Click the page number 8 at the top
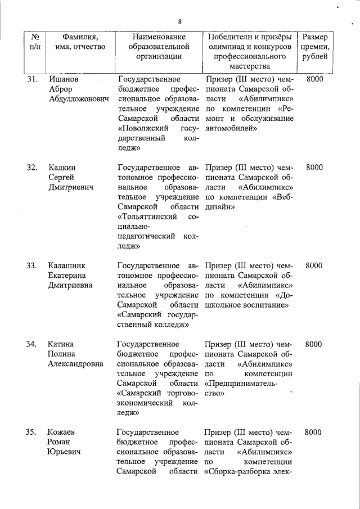click(179, 22)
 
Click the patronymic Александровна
click(76, 364)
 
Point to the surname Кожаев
click(63, 432)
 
